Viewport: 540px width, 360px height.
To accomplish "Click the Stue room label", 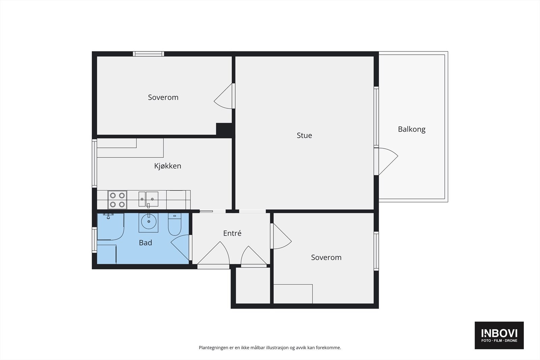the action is coord(304,135).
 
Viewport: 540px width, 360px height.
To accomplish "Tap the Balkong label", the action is coord(411,130).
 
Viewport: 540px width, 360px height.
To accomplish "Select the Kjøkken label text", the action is coord(167,166).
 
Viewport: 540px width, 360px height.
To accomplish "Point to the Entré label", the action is coord(232,233).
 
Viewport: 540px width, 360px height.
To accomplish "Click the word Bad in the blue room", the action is coord(145,243).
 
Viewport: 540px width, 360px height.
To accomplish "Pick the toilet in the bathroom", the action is coord(174,224).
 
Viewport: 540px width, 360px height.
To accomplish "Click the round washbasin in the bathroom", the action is coord(148,222).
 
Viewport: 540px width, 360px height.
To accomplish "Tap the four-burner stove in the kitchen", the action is coord(117,200).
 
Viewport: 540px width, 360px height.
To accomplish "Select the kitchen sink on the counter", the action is coord(148,199).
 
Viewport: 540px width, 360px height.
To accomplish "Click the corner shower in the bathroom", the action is coord(110,226).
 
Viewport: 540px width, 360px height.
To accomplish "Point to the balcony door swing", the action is coord(388,161).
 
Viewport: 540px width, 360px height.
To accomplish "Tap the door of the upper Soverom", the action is coord(223,96).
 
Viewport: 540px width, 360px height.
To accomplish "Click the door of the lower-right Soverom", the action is coord(282,236).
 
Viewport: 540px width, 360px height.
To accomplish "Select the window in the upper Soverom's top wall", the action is coord(148,54).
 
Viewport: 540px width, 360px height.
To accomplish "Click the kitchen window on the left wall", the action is coord(94,163).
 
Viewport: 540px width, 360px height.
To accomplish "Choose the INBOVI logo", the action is coord(499,335).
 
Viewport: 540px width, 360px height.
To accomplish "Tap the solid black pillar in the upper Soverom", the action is coord(224,130).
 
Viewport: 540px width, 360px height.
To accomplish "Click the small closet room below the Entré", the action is coord(253,285).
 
